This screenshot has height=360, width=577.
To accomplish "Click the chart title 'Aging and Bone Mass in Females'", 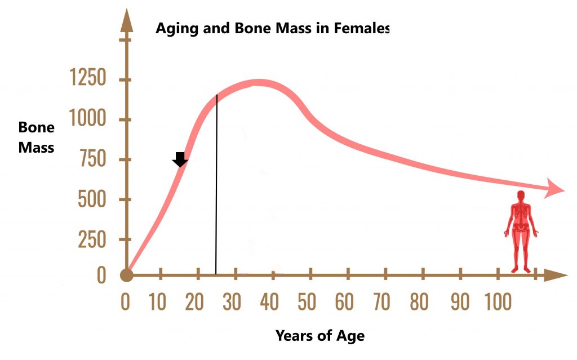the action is [x=272, y=28].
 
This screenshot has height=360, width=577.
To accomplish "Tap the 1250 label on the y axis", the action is [x=88, y=77].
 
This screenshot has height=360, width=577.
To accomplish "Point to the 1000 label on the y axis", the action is [x=87, y=118].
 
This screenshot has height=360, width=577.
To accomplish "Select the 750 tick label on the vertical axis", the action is [x=93, y=159].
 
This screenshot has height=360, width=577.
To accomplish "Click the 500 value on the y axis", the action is [x=92, y=199].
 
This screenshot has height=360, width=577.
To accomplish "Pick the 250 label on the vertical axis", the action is [x=92, y=239].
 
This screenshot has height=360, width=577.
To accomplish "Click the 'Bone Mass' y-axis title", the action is [x=37, y=137].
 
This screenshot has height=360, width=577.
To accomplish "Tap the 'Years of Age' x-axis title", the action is [x=320, y=336].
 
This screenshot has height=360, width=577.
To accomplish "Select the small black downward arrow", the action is [x=180, y=159].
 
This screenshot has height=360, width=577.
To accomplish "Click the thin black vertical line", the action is [x=216, y=184].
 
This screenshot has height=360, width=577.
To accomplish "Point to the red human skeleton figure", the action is [x=521, y=232].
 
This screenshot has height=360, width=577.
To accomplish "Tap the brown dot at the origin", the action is [x=127, y=275].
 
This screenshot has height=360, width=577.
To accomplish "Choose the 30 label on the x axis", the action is [x=232, y=302].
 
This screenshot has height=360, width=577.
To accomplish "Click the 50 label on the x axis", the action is [x=307, y=302].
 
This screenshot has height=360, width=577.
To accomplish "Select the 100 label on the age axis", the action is [x=498, y=302].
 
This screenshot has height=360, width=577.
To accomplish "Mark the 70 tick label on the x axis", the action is [x=381, y=302].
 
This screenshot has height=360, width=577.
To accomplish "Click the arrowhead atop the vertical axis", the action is [x=127, y=21].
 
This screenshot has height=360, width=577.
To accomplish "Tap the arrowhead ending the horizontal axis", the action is [x=556, y=275].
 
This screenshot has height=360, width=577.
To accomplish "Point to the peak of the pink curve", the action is [x=259, y=82].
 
